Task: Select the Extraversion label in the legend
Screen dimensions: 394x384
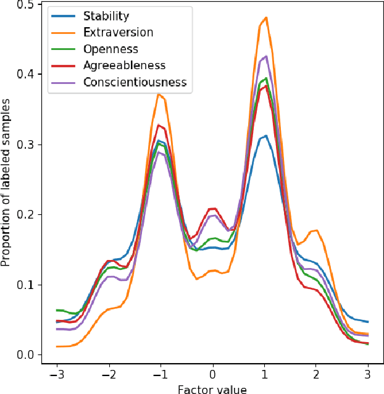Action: [x=117, y=32]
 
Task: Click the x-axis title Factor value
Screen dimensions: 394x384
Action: [x=212, y=389]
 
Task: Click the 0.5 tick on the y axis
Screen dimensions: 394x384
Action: [x=25, y=4]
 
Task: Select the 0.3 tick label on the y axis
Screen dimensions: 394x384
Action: [x=25, y=145]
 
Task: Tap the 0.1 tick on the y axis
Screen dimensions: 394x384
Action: [x=25, y=285]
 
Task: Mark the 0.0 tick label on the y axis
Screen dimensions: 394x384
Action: [x=25, y=355]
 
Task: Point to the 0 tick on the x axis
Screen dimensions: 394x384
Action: [x=212, y=374]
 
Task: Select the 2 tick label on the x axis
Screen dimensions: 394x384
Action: [x=316, y=374]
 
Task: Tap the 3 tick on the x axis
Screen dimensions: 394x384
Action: [x=368, y=374]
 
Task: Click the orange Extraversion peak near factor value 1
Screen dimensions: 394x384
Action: [x=265, y=18]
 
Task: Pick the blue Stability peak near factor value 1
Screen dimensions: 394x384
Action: [x=264, y=136]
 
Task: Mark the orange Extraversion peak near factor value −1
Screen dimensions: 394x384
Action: [x=159, y=94]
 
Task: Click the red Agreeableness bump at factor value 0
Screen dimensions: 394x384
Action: [x=212, y=209]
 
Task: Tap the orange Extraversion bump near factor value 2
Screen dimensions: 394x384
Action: [x=315, y=230]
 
